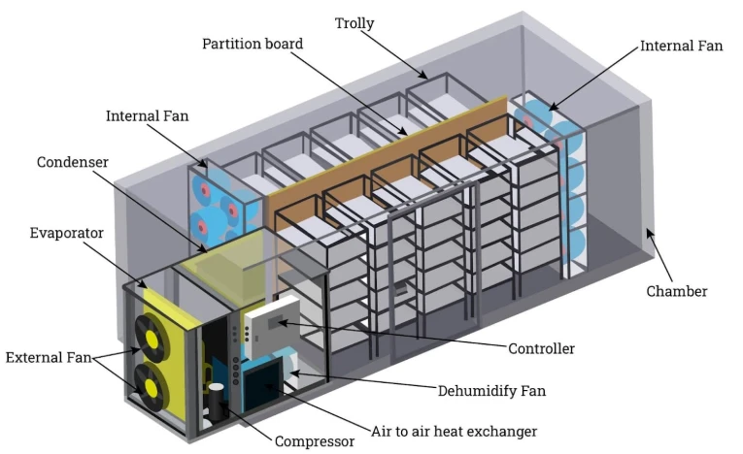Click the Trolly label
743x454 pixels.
[x=355, y=23]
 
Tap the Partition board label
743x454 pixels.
[x=253, y=44]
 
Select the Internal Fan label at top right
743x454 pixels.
[x=682, y=46]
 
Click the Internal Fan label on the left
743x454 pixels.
[x=147, y=116]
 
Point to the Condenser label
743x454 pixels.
[x=73, y=162]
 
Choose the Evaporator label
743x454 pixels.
[x=66, y=233]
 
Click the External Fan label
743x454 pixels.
[x=49, y=357]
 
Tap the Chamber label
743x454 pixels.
[x=677, y=291]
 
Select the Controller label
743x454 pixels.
[x=542, y=349]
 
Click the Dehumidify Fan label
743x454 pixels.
[x=491, y=391]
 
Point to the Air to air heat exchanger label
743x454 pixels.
[x=454, y=432]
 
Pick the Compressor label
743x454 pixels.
[x=315, y=441]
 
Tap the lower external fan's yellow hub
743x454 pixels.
[x=152, y=387]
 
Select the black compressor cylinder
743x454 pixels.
[x=216, y=403]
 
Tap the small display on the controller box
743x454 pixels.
[x=275, y=322]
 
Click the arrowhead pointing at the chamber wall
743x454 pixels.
[x=649, y=234]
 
